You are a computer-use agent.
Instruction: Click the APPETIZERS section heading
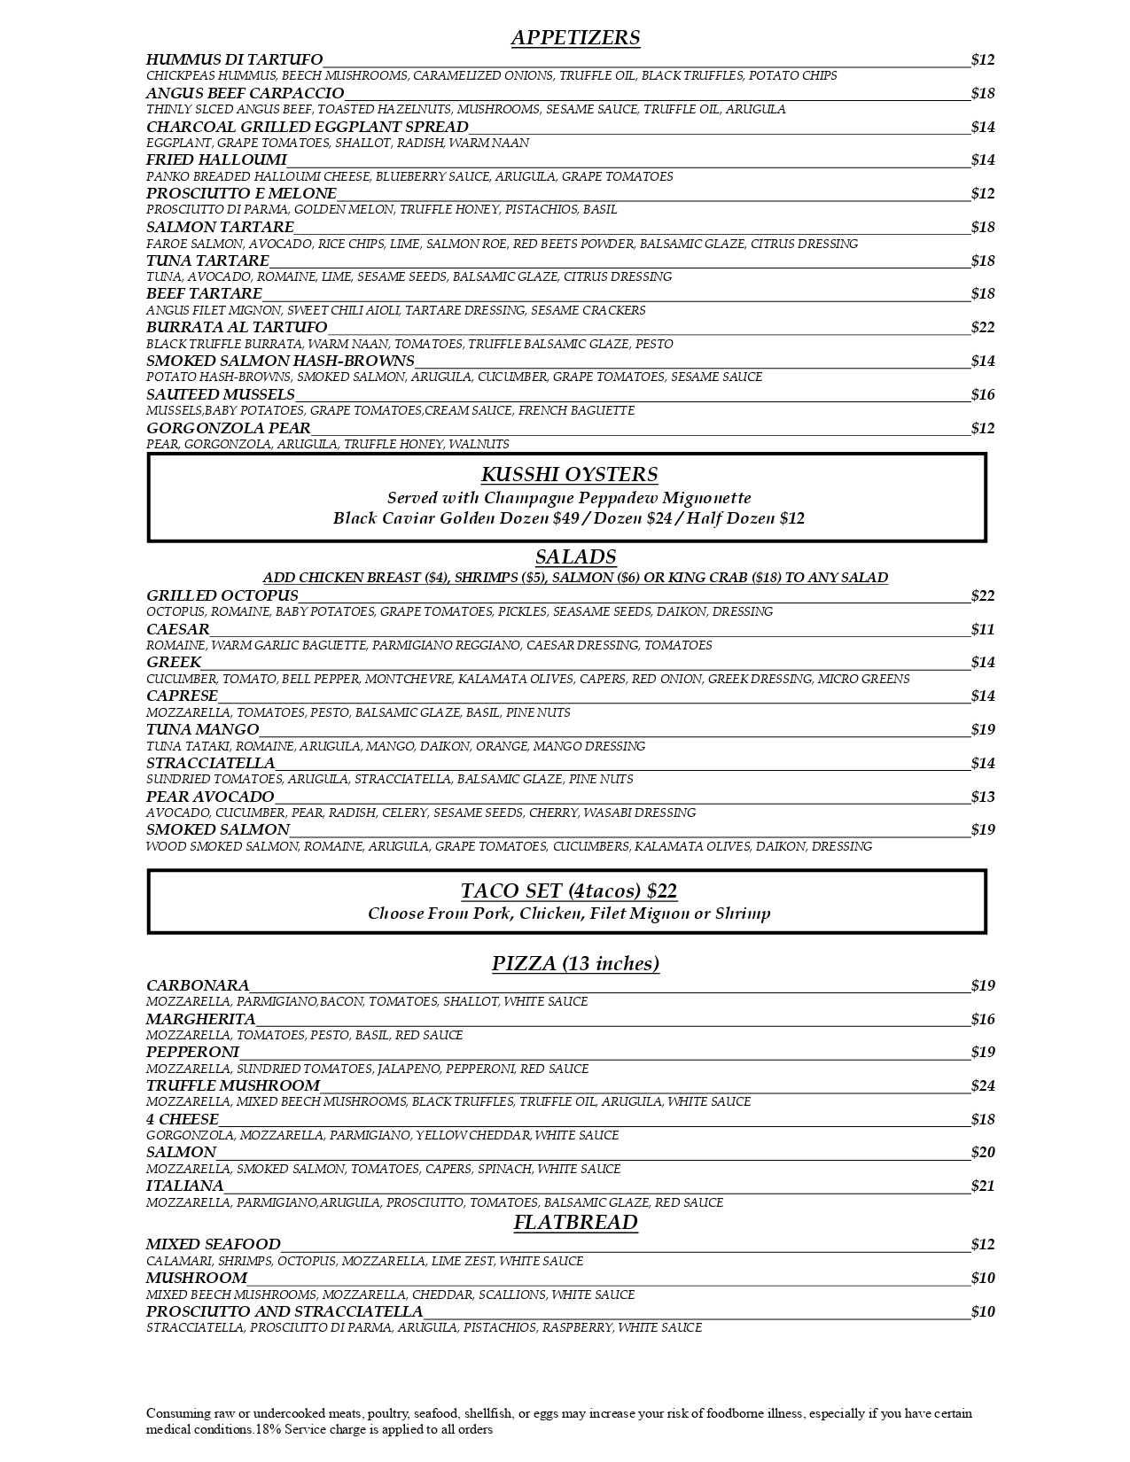coord(575,38)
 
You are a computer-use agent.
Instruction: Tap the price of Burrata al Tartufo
coord(982,328)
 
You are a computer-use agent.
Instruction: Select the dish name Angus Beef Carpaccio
coord(245,93)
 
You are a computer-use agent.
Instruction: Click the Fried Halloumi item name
coord(216,160)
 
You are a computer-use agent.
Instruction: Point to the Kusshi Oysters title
coord(569,475)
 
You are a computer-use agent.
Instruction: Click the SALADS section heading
coord(575,557)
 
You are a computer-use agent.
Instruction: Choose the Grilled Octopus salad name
coord(222,595)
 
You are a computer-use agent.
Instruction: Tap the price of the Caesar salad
coord(982,630)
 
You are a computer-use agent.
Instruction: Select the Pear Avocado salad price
coord(982,797)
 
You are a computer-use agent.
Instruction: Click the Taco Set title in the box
coord(568,891)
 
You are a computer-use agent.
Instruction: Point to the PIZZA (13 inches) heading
coord(575,964)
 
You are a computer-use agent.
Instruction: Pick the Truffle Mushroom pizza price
coord(982,1086)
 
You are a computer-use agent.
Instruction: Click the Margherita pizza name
coord(200,1019)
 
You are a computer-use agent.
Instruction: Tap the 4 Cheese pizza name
coord(182,1119)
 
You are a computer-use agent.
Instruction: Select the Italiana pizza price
coord(982,1186)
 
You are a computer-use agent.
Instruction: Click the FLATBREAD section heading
coord(575,1223)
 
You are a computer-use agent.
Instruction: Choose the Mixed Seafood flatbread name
coord(213,1245)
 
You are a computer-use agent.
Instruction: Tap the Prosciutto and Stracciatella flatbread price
coord(982,1312)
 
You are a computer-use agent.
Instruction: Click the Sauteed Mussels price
coord(982,395)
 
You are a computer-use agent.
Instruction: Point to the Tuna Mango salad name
coord(202,730)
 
